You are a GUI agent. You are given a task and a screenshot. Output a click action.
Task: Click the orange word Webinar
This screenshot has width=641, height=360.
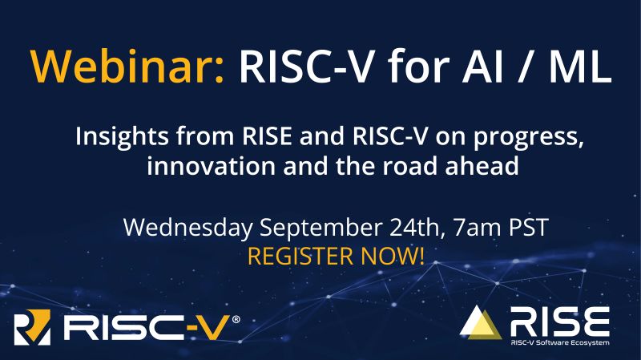(x=127, y=66)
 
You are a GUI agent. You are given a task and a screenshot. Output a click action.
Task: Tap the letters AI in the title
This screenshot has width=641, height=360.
(x=482, y=66)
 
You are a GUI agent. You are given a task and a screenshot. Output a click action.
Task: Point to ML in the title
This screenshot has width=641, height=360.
(x=581, y=66)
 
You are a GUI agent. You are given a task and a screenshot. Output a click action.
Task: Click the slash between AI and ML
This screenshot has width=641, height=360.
(x=527, y=67)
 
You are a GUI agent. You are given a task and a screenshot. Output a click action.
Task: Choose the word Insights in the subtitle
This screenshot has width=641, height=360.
(x=122, y=136)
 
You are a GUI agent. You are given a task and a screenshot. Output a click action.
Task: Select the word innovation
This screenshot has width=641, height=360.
(x=211, y=166)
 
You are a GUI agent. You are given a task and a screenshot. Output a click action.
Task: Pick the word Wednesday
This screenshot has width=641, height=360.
(x=187, y=228)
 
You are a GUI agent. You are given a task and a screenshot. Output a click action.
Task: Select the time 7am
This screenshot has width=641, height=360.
(x=477, y=228)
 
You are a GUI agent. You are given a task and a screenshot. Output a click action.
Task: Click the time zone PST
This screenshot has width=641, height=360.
(x=529, y=228)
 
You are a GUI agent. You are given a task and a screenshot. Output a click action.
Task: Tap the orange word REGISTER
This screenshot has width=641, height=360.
(x=300, y=256)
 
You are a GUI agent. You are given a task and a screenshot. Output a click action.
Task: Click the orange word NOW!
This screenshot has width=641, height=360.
(x=393, y=256)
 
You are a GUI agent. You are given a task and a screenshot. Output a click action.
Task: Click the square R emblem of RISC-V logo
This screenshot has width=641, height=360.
(x=32, y=327)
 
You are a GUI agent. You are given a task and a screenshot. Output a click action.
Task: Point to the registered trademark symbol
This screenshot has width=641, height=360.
(x=236, y=319)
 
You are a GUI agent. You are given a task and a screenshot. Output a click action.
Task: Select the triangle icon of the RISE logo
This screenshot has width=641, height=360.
(x=480, y=323)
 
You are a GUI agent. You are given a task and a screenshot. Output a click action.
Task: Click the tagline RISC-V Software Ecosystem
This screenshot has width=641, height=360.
(x=560, y=342)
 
